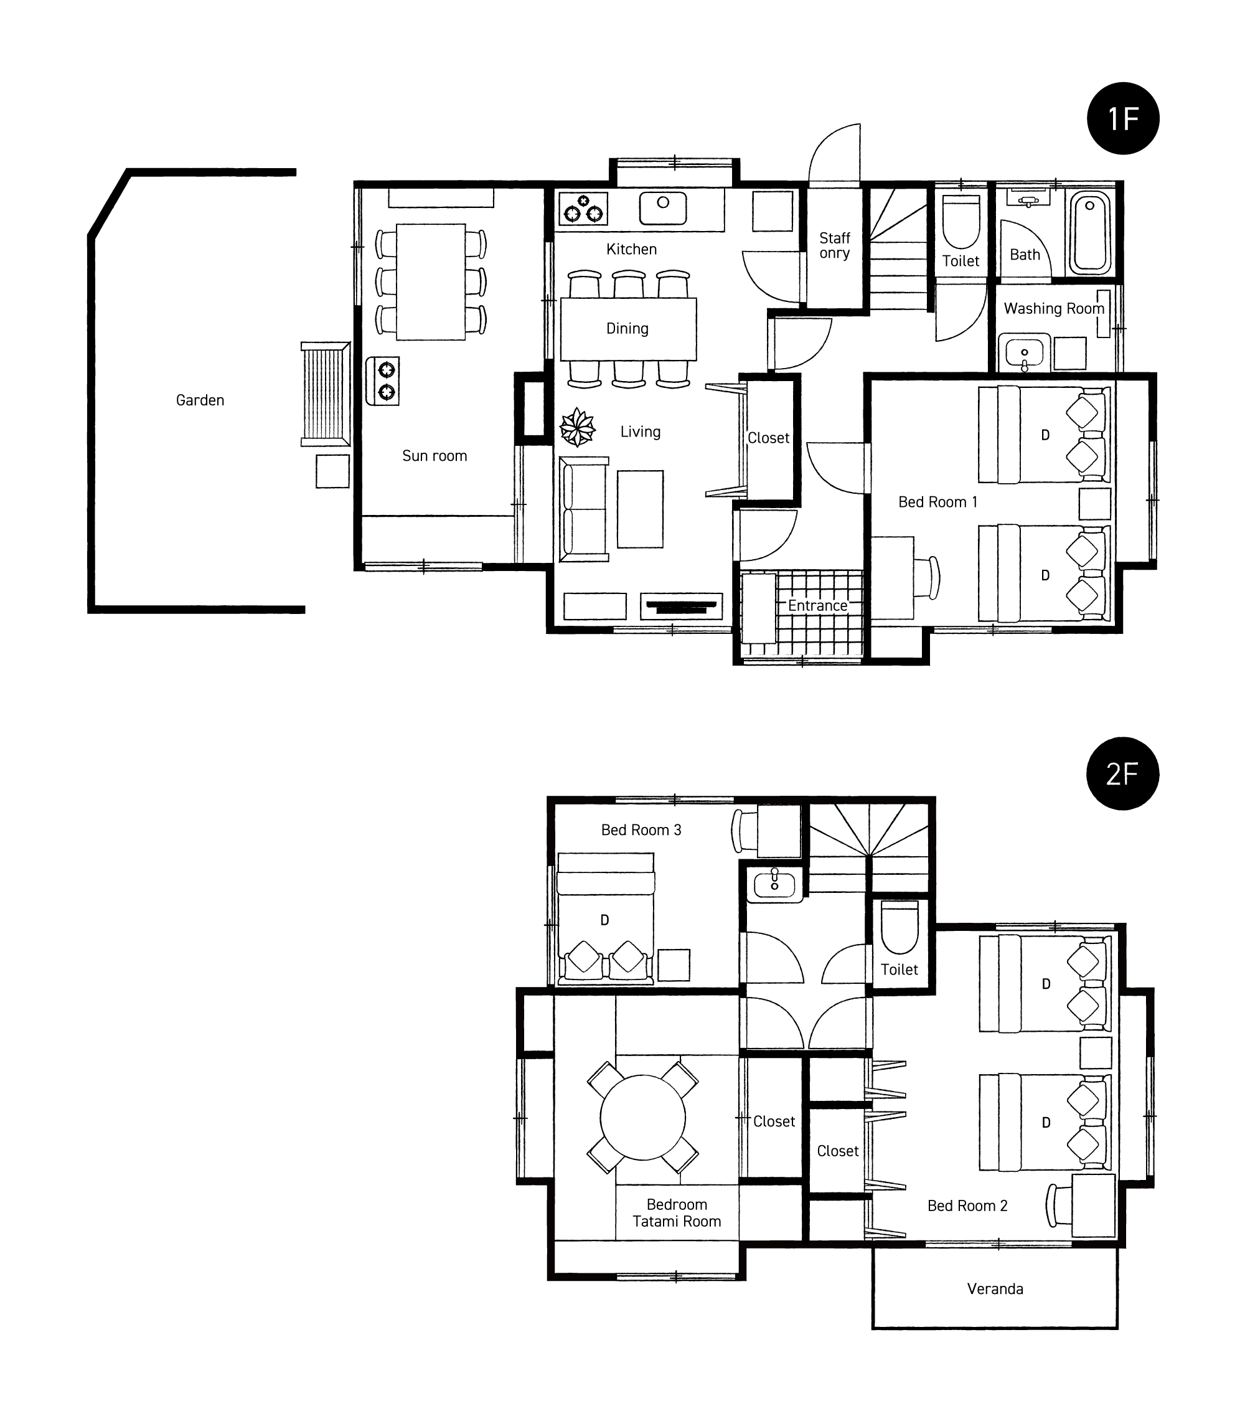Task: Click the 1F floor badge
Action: click(1123, 118)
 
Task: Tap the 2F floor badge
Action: click(1123, 773)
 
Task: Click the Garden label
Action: click(200, 400)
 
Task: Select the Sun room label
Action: click(435, 456)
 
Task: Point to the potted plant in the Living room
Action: click(578, 427)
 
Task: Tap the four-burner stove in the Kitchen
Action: click(584, 208)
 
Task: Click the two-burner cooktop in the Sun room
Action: click(382, 380)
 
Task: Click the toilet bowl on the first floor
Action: click(961, 222)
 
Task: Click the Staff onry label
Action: click(834, 246)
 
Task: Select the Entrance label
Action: click(818, 605)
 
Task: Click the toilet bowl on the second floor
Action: click(900, 927)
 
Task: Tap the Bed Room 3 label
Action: click(641, 830)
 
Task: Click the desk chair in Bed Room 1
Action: click(928, 577)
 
